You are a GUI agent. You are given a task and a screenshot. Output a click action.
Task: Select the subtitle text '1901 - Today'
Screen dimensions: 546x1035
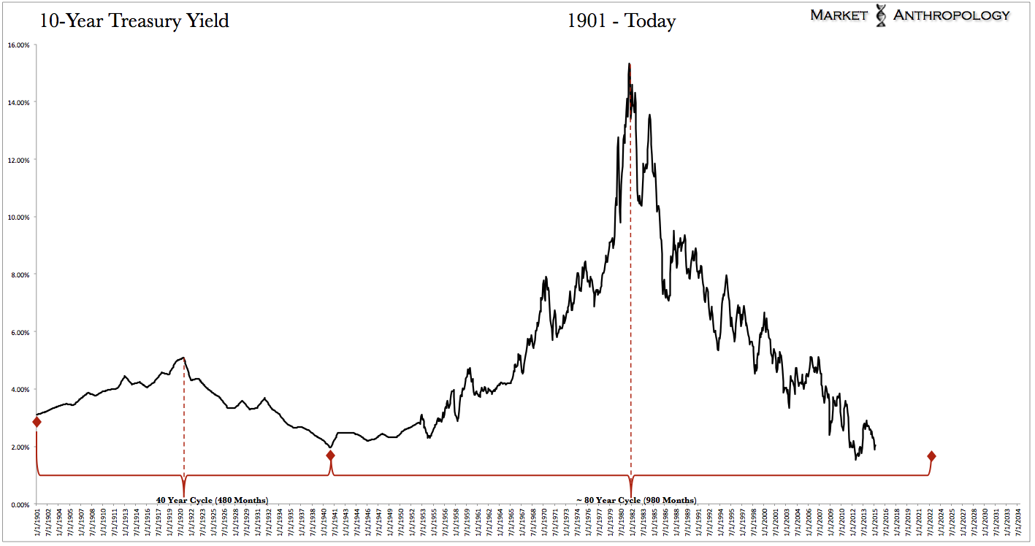pos(622,20)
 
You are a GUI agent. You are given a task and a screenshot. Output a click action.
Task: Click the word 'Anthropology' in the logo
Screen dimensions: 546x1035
pos(952,15)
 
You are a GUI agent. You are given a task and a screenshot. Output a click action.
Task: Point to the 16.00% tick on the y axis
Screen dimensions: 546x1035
pos(18,45)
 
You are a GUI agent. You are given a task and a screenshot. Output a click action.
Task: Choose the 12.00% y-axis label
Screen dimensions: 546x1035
pos(18,160)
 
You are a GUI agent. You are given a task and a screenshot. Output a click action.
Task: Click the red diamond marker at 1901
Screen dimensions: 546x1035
pos(37,422)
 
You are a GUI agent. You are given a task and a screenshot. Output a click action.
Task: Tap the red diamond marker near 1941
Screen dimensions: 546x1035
pos(330,455)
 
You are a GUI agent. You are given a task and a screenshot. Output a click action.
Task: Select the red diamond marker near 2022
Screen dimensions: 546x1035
pos(931,456)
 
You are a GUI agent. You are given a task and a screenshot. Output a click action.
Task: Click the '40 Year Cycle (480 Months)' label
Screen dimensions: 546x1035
pos(212,500)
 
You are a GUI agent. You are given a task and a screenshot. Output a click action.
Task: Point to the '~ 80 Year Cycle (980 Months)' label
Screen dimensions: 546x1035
pos(636,500)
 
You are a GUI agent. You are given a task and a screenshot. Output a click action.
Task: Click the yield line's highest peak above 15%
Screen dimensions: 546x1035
pos(629,64)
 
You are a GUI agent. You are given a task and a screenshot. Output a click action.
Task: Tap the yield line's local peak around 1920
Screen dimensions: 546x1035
pos(183,358)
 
